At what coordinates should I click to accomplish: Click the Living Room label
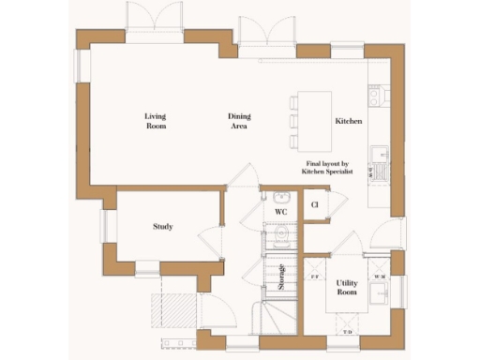coord(156,121)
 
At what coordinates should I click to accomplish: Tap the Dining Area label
coord(240,121)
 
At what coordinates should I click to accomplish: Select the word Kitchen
coord(348,122)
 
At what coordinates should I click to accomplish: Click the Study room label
coord(163,226)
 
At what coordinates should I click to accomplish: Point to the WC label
coord(279,213)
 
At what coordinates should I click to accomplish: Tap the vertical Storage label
coord(281,277)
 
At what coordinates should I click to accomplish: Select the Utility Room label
coord(348,288)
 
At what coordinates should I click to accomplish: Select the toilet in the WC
coord(280,236)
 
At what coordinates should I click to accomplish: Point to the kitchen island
coord(307,121)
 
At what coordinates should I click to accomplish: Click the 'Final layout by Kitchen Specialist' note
coord(326,167)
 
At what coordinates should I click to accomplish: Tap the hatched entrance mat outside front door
coord(172,308)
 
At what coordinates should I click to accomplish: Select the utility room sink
coord(381,296)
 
